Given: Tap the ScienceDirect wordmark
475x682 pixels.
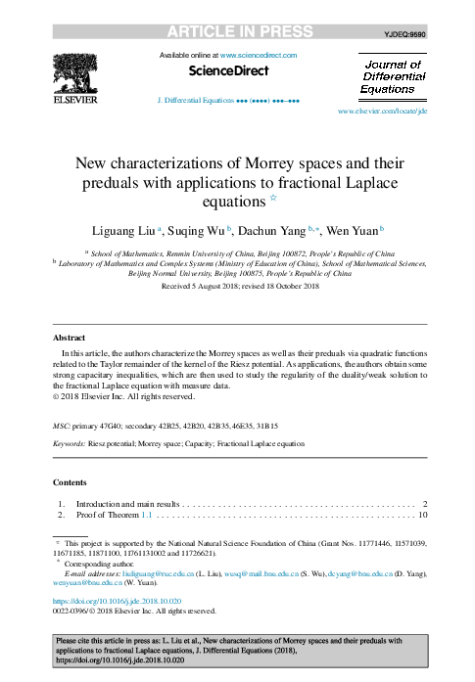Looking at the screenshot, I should pos(228,71).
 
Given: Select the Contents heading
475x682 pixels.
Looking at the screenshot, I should pos(70,482).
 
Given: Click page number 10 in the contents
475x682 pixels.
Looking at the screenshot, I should pos(422,515).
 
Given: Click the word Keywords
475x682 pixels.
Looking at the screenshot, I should pos(71,443).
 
